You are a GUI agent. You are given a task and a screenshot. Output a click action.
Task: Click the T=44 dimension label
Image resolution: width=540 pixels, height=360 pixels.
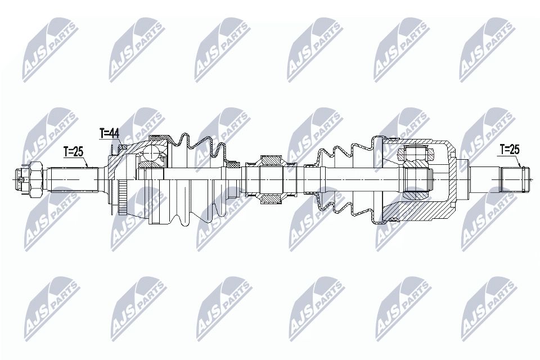[109, 133]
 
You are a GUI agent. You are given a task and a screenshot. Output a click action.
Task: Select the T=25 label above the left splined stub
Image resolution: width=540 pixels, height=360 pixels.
[73, 151]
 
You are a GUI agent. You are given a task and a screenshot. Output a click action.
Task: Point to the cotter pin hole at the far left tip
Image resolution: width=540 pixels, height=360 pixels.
[21, 179]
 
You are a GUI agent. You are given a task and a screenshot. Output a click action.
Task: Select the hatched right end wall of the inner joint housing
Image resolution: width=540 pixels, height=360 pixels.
[453, 179]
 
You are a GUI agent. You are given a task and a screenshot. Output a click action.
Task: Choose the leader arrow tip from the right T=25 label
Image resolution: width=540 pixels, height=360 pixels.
[523, 166]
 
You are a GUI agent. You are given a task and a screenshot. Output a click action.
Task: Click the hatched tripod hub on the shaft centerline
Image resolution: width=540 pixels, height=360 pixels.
[417, 179]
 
